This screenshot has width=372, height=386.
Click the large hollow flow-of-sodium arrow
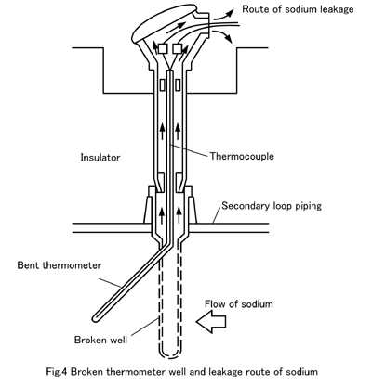[x=211, y=322]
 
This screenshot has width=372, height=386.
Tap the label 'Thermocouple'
[x=242, y=156]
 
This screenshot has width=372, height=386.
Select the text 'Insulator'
[x=100, y=158]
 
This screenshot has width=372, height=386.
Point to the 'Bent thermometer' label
[x=60, y=265]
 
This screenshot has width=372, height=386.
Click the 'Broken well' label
[x=100, y=340]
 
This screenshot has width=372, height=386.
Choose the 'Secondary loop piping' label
[x=272, y=206]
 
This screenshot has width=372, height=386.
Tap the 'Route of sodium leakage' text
[x=298, y=9]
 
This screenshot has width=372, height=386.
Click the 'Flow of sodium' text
[x=239, y=304]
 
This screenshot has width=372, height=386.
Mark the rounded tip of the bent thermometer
[x=96, y=318]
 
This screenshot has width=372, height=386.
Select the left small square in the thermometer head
[x=163, y=48]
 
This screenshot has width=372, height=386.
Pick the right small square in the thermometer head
[x=177, y=48]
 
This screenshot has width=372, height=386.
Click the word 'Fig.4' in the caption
[x=57, y=371]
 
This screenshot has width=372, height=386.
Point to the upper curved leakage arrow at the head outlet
[x=223, y=15]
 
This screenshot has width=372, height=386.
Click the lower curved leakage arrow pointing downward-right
[x=222, y=35]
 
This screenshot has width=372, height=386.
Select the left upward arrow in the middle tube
[x=162, y=131]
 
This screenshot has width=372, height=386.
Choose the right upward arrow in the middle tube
[x=178, y=131]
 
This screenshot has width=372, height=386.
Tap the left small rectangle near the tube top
[x=162, y=84]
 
